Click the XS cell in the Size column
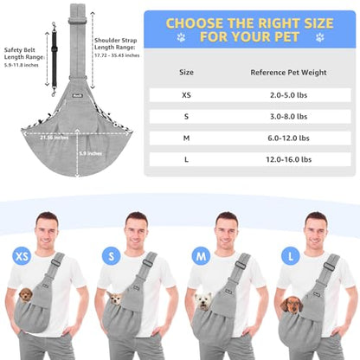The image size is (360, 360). [x=186, y=95]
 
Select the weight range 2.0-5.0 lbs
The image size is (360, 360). [x=288, y=95]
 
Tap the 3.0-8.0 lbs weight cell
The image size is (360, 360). [x=288, y=117]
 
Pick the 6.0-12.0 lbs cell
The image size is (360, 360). [x=288, y=138]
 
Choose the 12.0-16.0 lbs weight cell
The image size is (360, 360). [x=288, y=159]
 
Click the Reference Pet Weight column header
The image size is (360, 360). [x=288, y=73]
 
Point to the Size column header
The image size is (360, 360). [x=186, y=72]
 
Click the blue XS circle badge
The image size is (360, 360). [x=22, y=256]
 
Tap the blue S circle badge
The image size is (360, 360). [x=112, y=256]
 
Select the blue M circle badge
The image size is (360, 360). [x=201, y=256]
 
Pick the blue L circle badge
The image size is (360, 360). [x=291, y=256]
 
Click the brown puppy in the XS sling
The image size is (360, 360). [x=26, y=295]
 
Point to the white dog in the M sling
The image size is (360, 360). [x=203, y=301]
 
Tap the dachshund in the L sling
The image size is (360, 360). [x=292, y=305]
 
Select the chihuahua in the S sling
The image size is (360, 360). [x=115, y=298]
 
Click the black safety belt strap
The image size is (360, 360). [x=54, y=59]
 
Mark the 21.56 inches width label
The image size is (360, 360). [x=55, y=138]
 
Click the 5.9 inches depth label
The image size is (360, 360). [x=91, y=153]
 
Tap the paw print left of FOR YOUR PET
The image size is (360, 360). [x=181, y=37]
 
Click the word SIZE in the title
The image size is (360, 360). [x=314, y=23]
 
